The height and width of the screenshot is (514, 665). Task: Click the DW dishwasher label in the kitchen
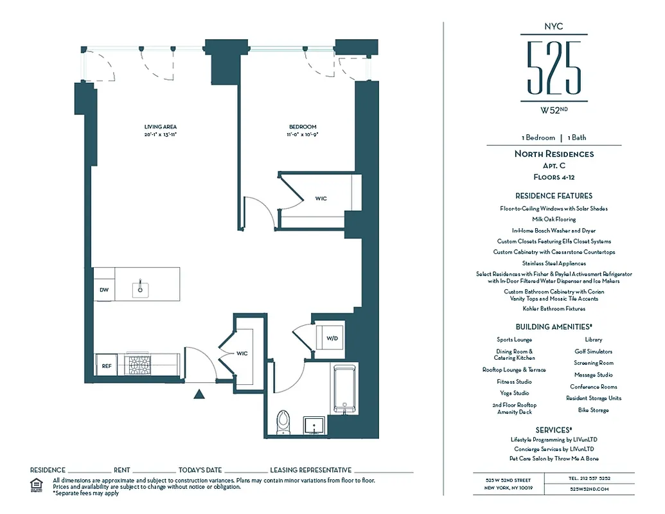pos(103,290)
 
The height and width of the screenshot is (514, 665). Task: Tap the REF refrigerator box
pos(107,366)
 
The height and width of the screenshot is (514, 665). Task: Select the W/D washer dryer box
pos(332,337)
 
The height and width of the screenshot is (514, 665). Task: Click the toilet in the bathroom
pos(283,423)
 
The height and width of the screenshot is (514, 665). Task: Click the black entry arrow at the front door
pos(199,394)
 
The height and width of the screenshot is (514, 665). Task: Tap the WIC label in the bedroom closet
pos(321,199)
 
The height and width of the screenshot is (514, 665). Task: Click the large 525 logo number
pos(554,67)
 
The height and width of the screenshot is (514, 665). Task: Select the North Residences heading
pos(554,154)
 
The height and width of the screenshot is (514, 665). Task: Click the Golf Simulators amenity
pos(593,351)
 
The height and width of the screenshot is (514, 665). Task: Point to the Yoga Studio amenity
pos(514,393)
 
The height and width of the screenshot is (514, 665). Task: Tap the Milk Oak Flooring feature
pos(554,219)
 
